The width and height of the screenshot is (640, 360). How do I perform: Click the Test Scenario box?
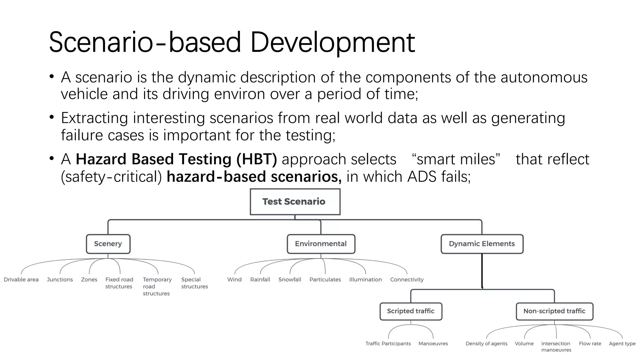[295, 202]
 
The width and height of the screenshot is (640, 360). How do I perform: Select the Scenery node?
[108, 244]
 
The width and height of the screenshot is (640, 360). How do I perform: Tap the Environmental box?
[321, 244]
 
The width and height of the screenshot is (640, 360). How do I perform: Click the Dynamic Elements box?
[482, 244]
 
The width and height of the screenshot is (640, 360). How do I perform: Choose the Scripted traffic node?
[411, 311]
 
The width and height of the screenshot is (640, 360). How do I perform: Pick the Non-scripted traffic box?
[554, 311]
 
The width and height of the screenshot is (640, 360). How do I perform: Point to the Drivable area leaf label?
[21, 279]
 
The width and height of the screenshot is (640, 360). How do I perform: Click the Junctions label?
[60, 279]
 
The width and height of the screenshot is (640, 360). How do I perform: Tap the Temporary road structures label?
[157, 286]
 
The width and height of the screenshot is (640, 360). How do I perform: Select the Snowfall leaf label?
[290, 279]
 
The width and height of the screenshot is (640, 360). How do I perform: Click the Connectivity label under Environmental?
[407, 279]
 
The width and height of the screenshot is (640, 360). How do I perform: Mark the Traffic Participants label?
[388, 343]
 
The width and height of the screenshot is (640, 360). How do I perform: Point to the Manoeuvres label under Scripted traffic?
[433, 343]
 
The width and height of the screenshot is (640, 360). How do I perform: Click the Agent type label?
[622, 343]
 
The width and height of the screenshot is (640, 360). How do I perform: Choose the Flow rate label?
[590, 343]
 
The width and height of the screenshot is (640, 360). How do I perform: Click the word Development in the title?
[332, 42]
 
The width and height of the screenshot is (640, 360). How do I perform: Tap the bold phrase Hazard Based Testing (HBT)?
[176, 159]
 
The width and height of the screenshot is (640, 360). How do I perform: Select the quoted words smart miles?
[456, 159]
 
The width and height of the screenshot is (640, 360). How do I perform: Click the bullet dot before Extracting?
[52, 117]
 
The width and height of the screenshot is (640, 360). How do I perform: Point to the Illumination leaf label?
[365, 279]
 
